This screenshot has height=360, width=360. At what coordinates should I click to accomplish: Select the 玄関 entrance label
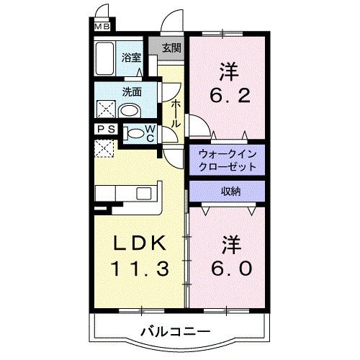tap(171, 49)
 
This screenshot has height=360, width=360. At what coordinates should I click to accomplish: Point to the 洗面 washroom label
tap(130, 92)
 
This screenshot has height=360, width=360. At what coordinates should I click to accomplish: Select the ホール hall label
tap(175, 114)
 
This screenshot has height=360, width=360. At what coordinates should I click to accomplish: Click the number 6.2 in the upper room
tap(230, 95)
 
